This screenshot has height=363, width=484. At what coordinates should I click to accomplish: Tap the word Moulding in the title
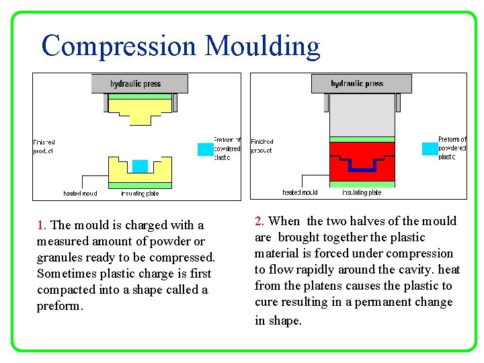coord(262,46)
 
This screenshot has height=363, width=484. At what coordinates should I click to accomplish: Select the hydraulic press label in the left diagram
coord(136,84)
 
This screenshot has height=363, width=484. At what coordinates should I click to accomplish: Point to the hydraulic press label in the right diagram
coord(356,84)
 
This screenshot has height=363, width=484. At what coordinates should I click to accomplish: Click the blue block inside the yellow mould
coord(140,165)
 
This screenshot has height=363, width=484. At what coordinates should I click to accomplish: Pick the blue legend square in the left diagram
coord(205,149)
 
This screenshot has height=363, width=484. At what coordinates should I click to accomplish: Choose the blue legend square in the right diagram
coord(429,149)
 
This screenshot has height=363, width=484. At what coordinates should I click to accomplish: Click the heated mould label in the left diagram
coord(80,194)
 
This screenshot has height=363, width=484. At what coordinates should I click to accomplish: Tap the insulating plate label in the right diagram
coord(362,192)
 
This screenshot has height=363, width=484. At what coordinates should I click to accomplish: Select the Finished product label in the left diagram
coord(44,147)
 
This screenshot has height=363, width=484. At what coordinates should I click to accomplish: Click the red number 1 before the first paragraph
coord(41,225)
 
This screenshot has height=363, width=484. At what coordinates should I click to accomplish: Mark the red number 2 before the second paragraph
coord(259,221)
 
